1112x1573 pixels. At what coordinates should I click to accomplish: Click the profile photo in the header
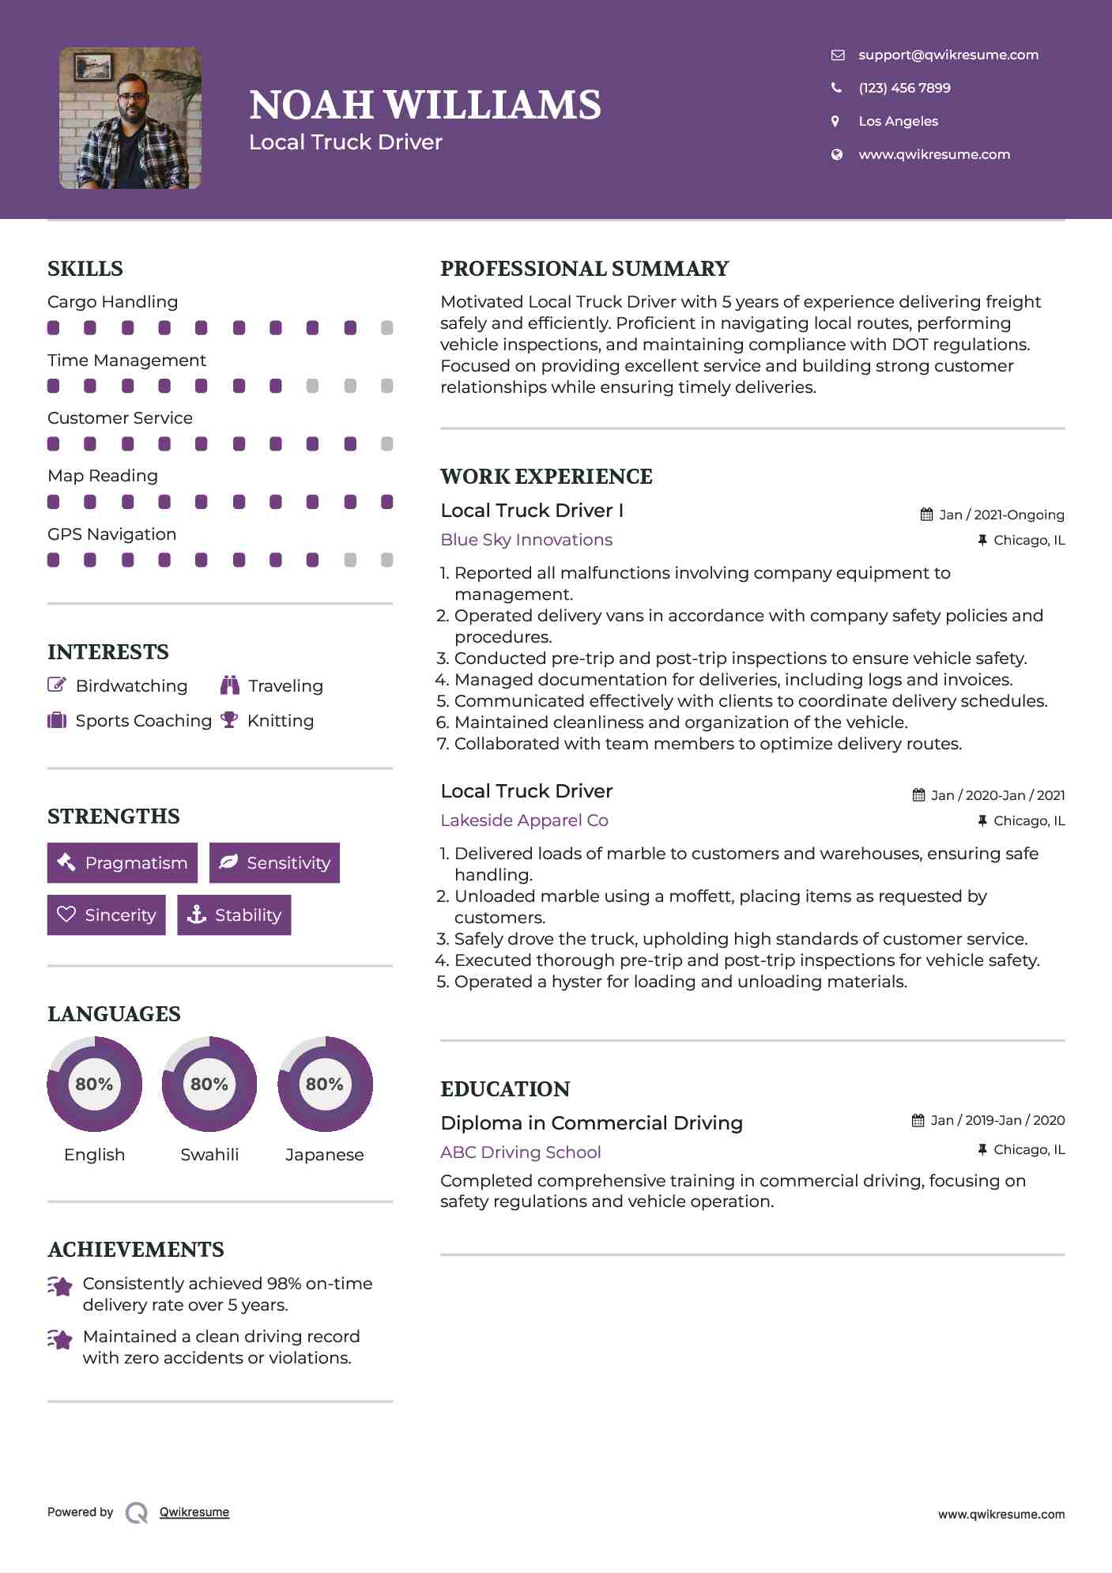pyautogui.click(x=130, y=119)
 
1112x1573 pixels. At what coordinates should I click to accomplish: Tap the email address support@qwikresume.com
pyautogui.click(x=948, y=55)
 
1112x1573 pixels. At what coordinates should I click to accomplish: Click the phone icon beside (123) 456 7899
pyautogui.click(x=836, y=88)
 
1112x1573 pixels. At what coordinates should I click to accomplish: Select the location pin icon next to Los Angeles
pyautogui.click(x=835, y=121)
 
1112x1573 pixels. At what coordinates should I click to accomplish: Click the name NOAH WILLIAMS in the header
pyautogui.click(x=424, y=105)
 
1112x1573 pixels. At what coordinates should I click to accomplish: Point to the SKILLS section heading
pyautogui.click(x=85, y=269)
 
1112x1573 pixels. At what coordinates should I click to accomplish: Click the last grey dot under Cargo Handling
pyautogui.click(x=386, y=328)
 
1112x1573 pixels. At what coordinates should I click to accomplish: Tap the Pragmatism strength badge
pyautogui.click(x=123, y=862)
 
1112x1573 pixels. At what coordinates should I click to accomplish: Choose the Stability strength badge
pyautogui.click(x=234, y=915)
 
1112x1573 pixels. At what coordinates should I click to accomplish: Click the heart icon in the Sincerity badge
pyautogui.click(x=66, y=915)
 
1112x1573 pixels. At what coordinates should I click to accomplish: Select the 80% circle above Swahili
pyautogui.click(x=209, y=1084)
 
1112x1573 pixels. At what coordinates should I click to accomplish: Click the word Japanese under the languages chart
pyautogui.click(x=324, y=1155)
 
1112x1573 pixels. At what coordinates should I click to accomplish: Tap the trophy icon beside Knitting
pyautogui.click(x=229, y=720)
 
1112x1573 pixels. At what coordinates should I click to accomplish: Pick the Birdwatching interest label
pyautogui.click(x=131, y=686)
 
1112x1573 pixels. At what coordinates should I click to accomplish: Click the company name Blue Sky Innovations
pyautogui.click(x=526, y=540)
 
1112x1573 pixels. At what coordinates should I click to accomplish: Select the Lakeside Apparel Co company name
pyautogui.click(x=524, y=820)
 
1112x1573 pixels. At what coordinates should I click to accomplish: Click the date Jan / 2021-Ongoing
pyautogui.click(x=1001, y=515)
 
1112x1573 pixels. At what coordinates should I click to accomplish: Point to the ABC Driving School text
pyautogui.click(x=521, y=1152)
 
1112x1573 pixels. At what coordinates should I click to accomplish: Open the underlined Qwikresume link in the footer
pyautogui.click(x=194, y=1512)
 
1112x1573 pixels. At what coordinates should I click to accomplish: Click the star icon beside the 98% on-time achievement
pyautogui.click(x=60, y=1286)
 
